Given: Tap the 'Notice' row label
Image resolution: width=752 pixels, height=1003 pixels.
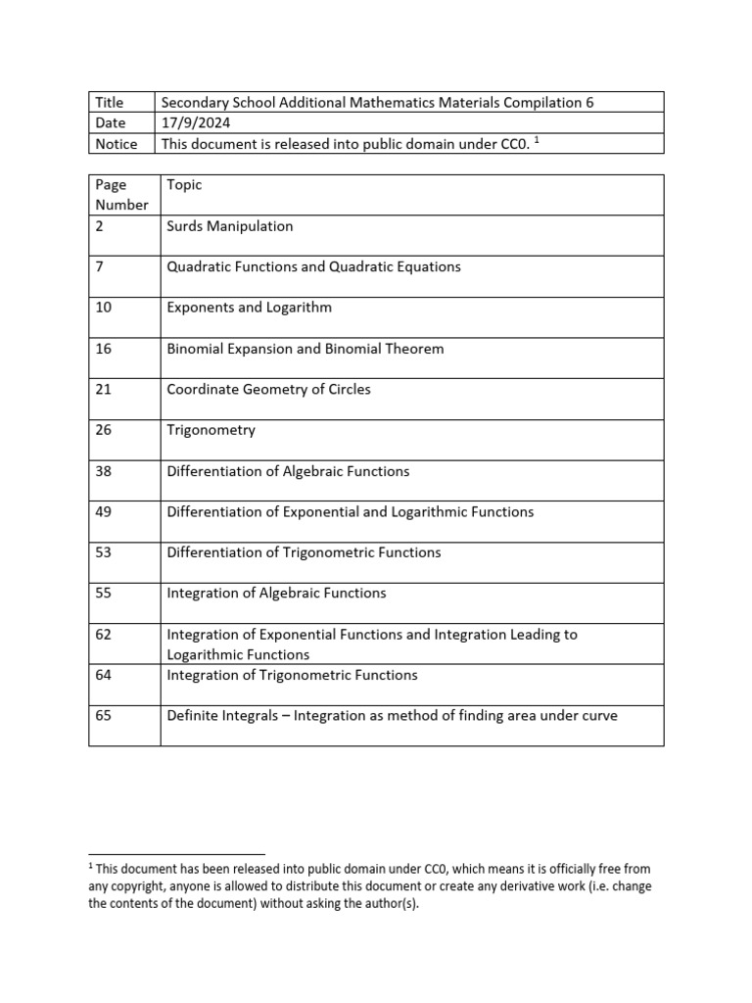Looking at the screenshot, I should (116, 144).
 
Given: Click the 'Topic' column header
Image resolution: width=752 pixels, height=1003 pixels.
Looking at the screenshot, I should (184, 185).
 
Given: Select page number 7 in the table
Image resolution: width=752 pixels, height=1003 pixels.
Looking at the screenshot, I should (100, 266).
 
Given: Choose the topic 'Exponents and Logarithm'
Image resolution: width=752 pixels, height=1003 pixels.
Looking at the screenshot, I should (250, 308).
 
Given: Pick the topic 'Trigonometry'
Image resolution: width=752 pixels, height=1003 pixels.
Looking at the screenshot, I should (211, 430).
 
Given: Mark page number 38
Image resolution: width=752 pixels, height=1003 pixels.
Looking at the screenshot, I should (104, 471).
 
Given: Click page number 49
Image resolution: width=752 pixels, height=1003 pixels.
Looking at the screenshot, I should (104, 512).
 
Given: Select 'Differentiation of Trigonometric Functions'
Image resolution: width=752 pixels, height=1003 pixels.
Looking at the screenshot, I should (305, 552).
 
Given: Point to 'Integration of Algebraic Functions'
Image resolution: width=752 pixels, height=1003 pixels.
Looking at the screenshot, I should (277, 594).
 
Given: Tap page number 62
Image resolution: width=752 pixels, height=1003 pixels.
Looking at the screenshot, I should (104, 635).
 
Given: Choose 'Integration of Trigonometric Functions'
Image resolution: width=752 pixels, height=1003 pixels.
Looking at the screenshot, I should (293, 675).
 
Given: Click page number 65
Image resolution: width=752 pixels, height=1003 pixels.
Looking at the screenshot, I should (104, 716).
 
